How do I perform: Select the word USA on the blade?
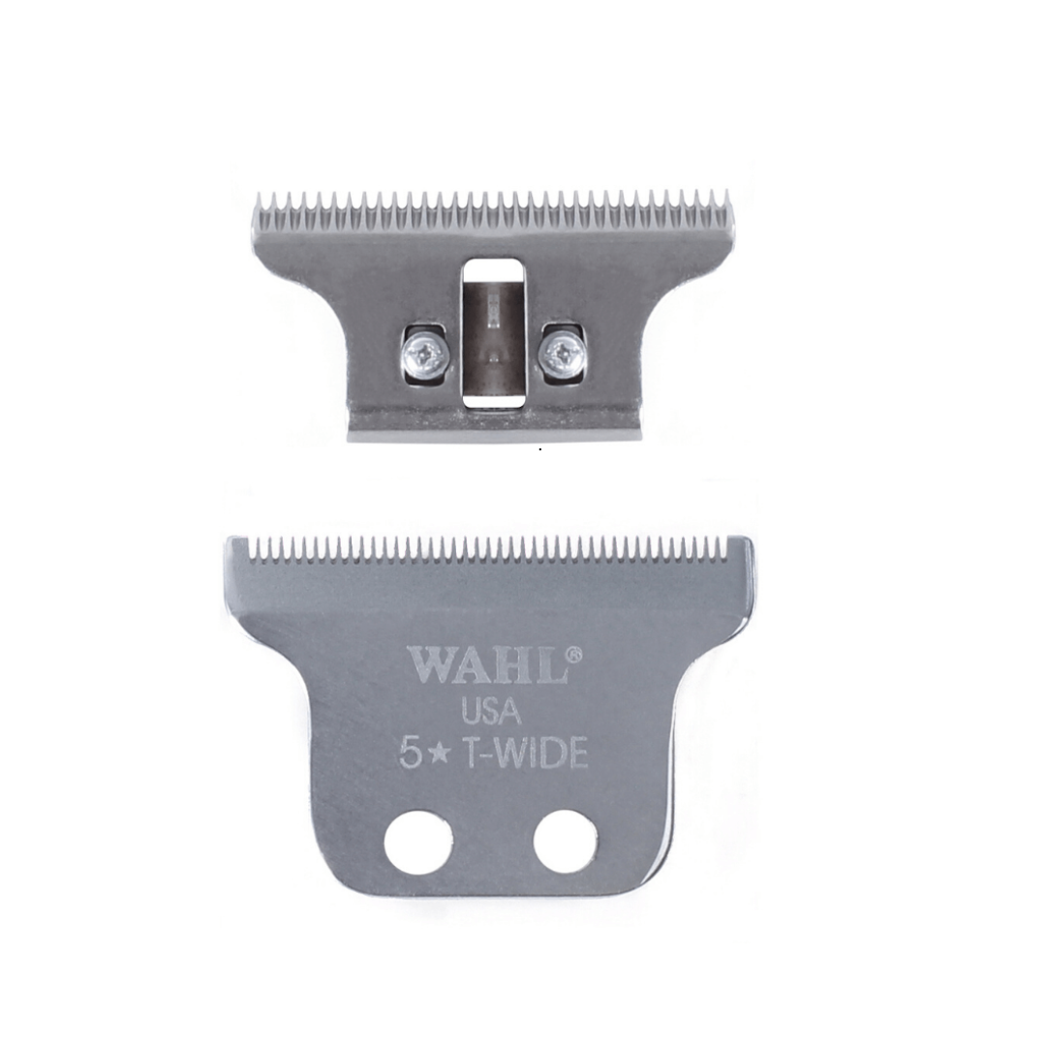click(x=491, y=712)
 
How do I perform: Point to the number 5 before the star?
click(x=411, y=754)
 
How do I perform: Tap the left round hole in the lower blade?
click(x=418, y=841)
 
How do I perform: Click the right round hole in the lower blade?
click(x=568, y=841)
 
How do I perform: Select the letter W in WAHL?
click(x=427, y=666)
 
